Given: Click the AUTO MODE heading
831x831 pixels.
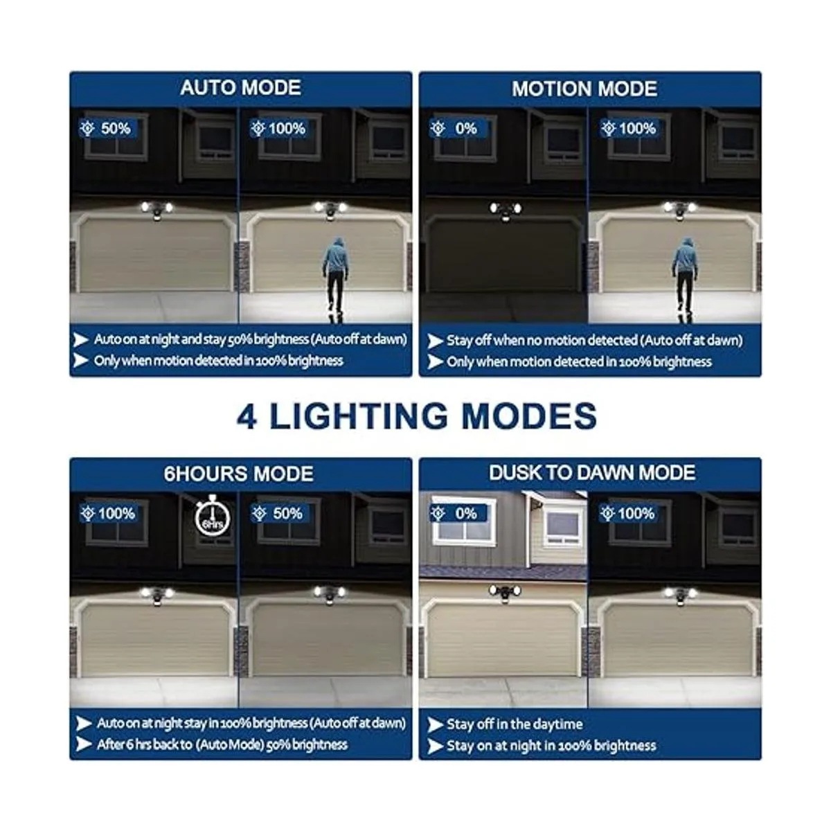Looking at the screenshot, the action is [240, 87].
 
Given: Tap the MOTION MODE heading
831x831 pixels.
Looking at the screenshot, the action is [584, 89].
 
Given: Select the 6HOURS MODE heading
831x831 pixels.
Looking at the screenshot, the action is [238, 474].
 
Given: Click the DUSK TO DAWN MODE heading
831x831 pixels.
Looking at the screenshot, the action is [591, 473].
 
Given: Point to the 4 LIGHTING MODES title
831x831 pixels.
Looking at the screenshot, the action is [417, 416].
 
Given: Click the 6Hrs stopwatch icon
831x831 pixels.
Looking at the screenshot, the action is [212, 517].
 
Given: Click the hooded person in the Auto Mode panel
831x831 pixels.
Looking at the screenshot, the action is [335, 280].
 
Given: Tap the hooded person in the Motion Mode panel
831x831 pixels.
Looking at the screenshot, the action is [685, 280].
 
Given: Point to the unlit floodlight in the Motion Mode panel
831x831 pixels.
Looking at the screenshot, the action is [506, 211].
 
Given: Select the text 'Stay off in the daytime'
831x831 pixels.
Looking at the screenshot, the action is [515, 724].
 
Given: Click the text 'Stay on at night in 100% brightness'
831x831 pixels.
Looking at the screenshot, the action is [551, 746].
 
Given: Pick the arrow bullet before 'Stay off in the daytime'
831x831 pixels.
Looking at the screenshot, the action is [436, 725].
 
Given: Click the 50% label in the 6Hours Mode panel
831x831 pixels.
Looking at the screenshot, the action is [280, 514].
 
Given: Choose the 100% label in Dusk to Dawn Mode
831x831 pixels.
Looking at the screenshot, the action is [629, 514].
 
